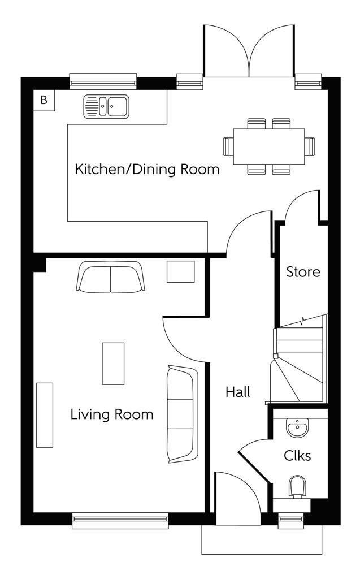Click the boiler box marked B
pyautogui.click(x=44, y=100)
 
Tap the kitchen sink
pyautogui.click(x=106, y=107)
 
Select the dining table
pyautogui.click(x=269, y=146)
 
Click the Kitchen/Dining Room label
pyautogui.click(x=147, y=170)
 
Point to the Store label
pyautogui.click(x=303, y=272)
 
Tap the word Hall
pyautogui.click(x=238, y=392)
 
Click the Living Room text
pyautogui.click(x=112, y=414)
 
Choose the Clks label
pyautogui.click(x=297, y=456)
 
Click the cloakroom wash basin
pyautogui.click(x=297, y=429)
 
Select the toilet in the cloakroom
pyautogui.click(x=298, y=486)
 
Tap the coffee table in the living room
pyautogui.click(x=113, y=364)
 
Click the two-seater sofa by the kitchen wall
pyautogui.click(x=110, y=276)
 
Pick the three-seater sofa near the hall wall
pyautogui.click(x=180, y=414)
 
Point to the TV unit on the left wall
pyautogui.click(x=45, y=415)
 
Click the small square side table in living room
pyautogui.click(x=180, y=272)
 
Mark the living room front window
pyautogui.click(x=120, y=521)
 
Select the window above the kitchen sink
pyautogui.click(x=103, y=81)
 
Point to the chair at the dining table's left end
pyautogui.click(x=228, y=146)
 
